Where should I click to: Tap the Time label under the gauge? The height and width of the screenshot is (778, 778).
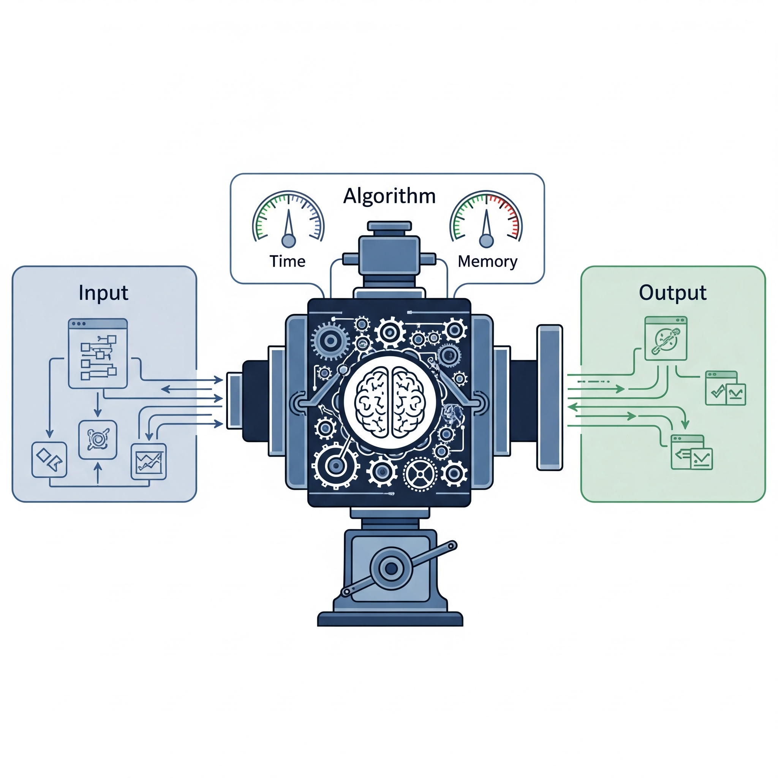coord(288,261)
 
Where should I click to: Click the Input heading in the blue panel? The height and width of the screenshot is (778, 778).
coord(103,293)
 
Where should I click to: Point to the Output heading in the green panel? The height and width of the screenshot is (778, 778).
coord(672,293)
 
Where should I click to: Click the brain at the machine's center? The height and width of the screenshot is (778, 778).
coord(389,402)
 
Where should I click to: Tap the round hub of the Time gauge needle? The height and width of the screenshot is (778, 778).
coord(288,241)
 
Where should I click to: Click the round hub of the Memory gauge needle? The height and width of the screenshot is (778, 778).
coord(487,241)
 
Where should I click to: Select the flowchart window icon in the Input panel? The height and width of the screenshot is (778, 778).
coord(98,354)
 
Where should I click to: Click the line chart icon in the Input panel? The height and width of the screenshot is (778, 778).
coord(149,462)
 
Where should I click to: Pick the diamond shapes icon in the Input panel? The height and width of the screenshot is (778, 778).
coord(49,460)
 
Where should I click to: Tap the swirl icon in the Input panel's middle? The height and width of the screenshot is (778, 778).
coord(98,440)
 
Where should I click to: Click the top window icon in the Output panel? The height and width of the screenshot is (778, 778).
coord(666,338)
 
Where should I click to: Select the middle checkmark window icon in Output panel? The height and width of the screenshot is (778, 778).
coord(726,388)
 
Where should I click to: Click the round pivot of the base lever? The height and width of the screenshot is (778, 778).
coord(391,568)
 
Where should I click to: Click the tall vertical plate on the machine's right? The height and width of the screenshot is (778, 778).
coord(550,397)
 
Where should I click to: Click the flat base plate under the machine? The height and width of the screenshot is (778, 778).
coord(390,619)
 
